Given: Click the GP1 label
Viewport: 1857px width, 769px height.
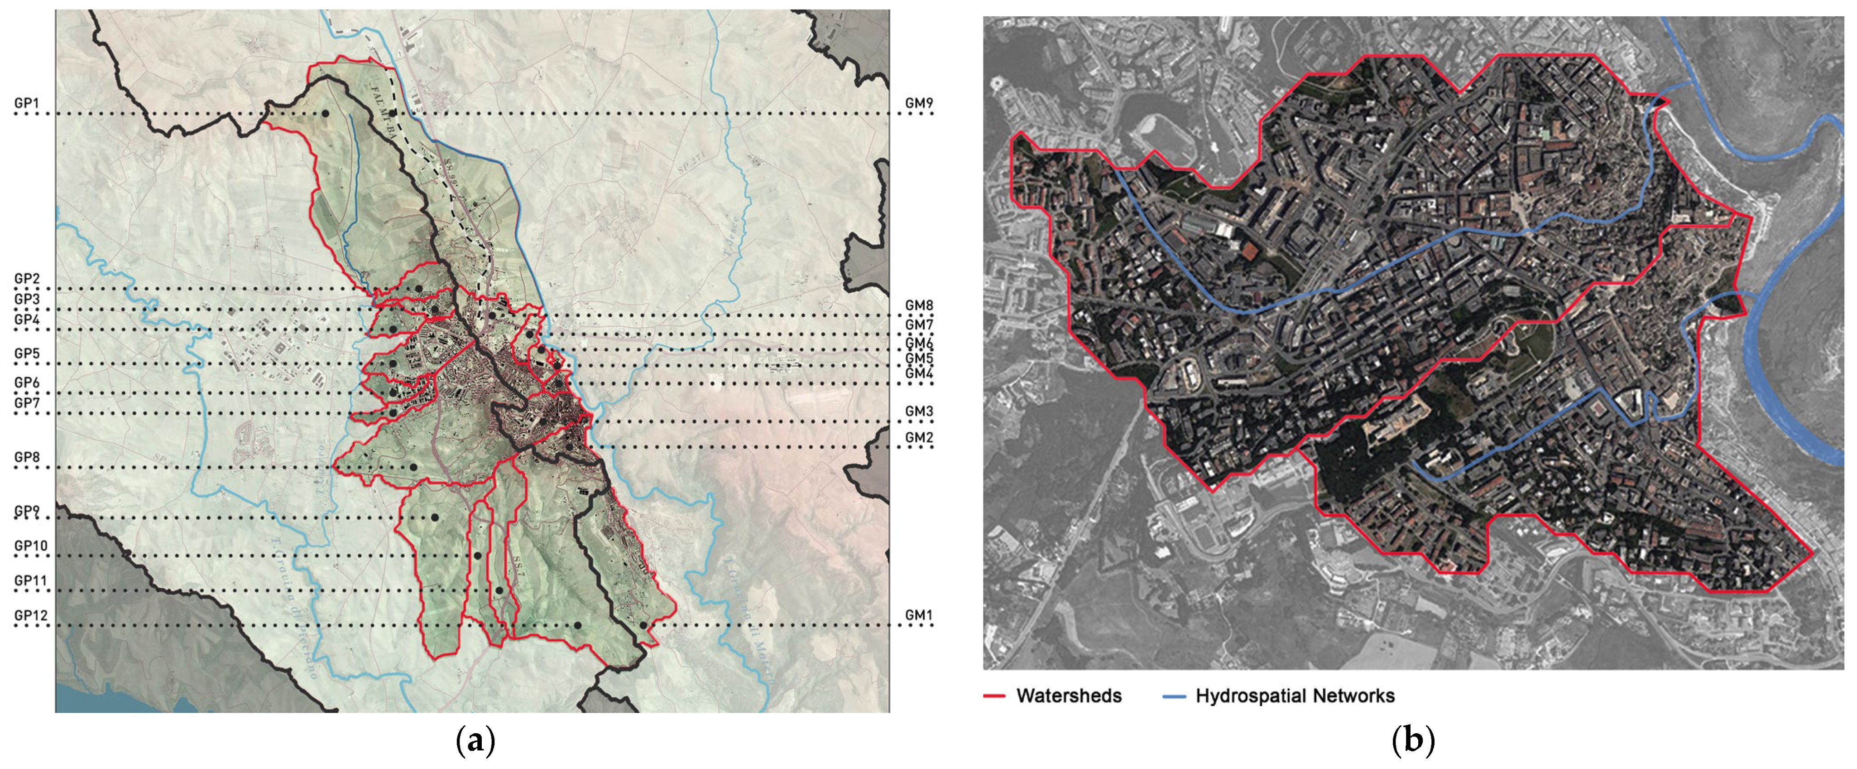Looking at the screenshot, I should [x=27, y=104].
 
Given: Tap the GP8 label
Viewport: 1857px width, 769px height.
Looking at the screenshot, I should [x=27, y=457].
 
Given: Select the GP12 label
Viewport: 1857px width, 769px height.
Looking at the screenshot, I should [x=31, y=615].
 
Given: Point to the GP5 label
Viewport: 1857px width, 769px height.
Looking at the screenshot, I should [x=27, y=353].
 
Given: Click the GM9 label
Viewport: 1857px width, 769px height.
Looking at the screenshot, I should [x=919, y=104].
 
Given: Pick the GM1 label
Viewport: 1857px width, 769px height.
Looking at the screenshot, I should [x=919, y=615].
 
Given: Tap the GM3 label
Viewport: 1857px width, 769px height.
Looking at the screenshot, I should [x=919, y=411].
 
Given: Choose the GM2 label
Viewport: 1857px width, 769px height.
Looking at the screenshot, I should [x=919, y=437].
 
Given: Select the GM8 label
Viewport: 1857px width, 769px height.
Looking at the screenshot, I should [x=919, y=305].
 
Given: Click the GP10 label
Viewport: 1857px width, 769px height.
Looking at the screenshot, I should [x=31, y=546].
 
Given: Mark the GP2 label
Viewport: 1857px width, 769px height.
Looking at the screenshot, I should [x=27, y=278].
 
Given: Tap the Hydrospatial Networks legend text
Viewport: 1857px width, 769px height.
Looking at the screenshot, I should [x=1295, y=696].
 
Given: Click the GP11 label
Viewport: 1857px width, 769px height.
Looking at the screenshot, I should [x=31, y=581].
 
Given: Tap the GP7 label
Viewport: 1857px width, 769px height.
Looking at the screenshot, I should [x=27, y=402].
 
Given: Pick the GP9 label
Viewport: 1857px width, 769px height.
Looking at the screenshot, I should [x=27, y=511].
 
